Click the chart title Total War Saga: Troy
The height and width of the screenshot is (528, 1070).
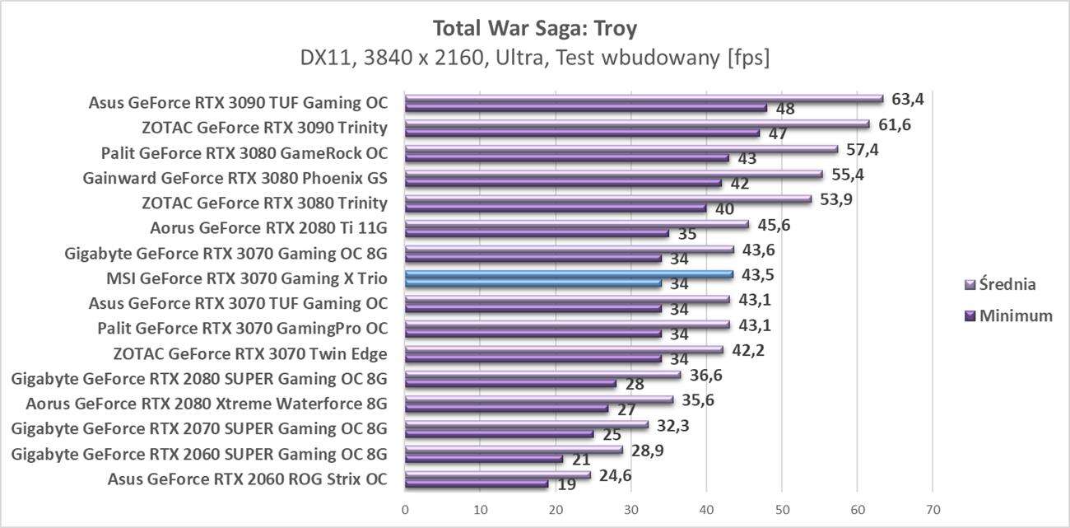click(535, 28)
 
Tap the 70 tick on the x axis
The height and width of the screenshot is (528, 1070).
click(933, 510)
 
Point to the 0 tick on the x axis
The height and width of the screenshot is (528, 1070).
click(405, 510)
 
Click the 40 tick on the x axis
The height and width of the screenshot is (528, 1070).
click(707, 510)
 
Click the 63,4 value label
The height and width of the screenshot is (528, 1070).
click(908, 100)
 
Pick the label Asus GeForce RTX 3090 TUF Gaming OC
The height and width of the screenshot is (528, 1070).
click(238, 104)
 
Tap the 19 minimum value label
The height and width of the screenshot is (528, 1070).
click(566, 484)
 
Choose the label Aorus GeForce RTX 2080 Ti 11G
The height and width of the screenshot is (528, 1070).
click(269, 228)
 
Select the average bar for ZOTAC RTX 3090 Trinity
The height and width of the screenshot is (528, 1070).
click(636, 124)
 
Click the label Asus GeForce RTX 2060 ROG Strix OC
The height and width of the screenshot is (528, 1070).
click(247, 478)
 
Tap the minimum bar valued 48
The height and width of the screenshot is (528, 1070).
click(585, 108)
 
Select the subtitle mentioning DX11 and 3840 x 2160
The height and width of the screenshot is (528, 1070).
click(535, 59)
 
